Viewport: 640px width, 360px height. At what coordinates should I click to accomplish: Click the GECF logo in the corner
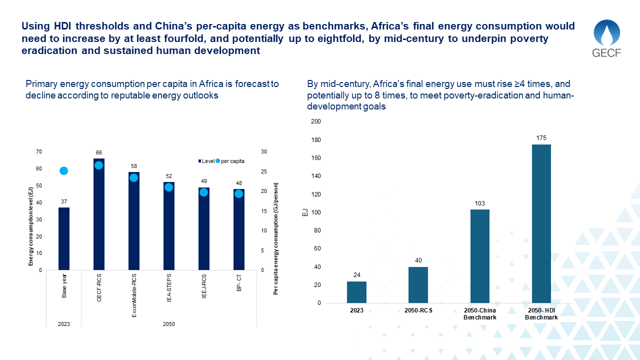pyautogui.click(x=606, y=38)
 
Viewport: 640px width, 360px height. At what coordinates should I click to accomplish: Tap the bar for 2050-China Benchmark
pyautogui.click(x=479, y=256)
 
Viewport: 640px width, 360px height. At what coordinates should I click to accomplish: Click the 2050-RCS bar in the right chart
pyautogui.click(x=418, y=285)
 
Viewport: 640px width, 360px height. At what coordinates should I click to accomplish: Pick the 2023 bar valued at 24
pyautogui.click(x=356, y=292)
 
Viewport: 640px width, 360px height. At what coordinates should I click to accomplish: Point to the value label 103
pyautogui.click(x=479, y=203)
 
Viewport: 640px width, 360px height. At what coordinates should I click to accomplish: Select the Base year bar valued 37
pyautogui.click(x=64, y=238)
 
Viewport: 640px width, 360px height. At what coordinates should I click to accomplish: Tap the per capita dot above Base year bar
pyautogui.click(x=63, y=171)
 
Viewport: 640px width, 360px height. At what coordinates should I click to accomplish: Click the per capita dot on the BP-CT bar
pyautogui.click(x=238, y=194)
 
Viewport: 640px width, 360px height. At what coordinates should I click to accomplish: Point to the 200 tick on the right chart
pyautogui.click(x=316, y=121)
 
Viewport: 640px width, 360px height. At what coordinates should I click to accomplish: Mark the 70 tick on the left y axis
pyautogui.click(x=39, y=152)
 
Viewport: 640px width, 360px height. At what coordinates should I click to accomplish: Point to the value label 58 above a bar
pyautogui.click(x=134, y=166)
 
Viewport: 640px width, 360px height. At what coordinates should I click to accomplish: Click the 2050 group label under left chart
pyautogui.click(x=168, y=324)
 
